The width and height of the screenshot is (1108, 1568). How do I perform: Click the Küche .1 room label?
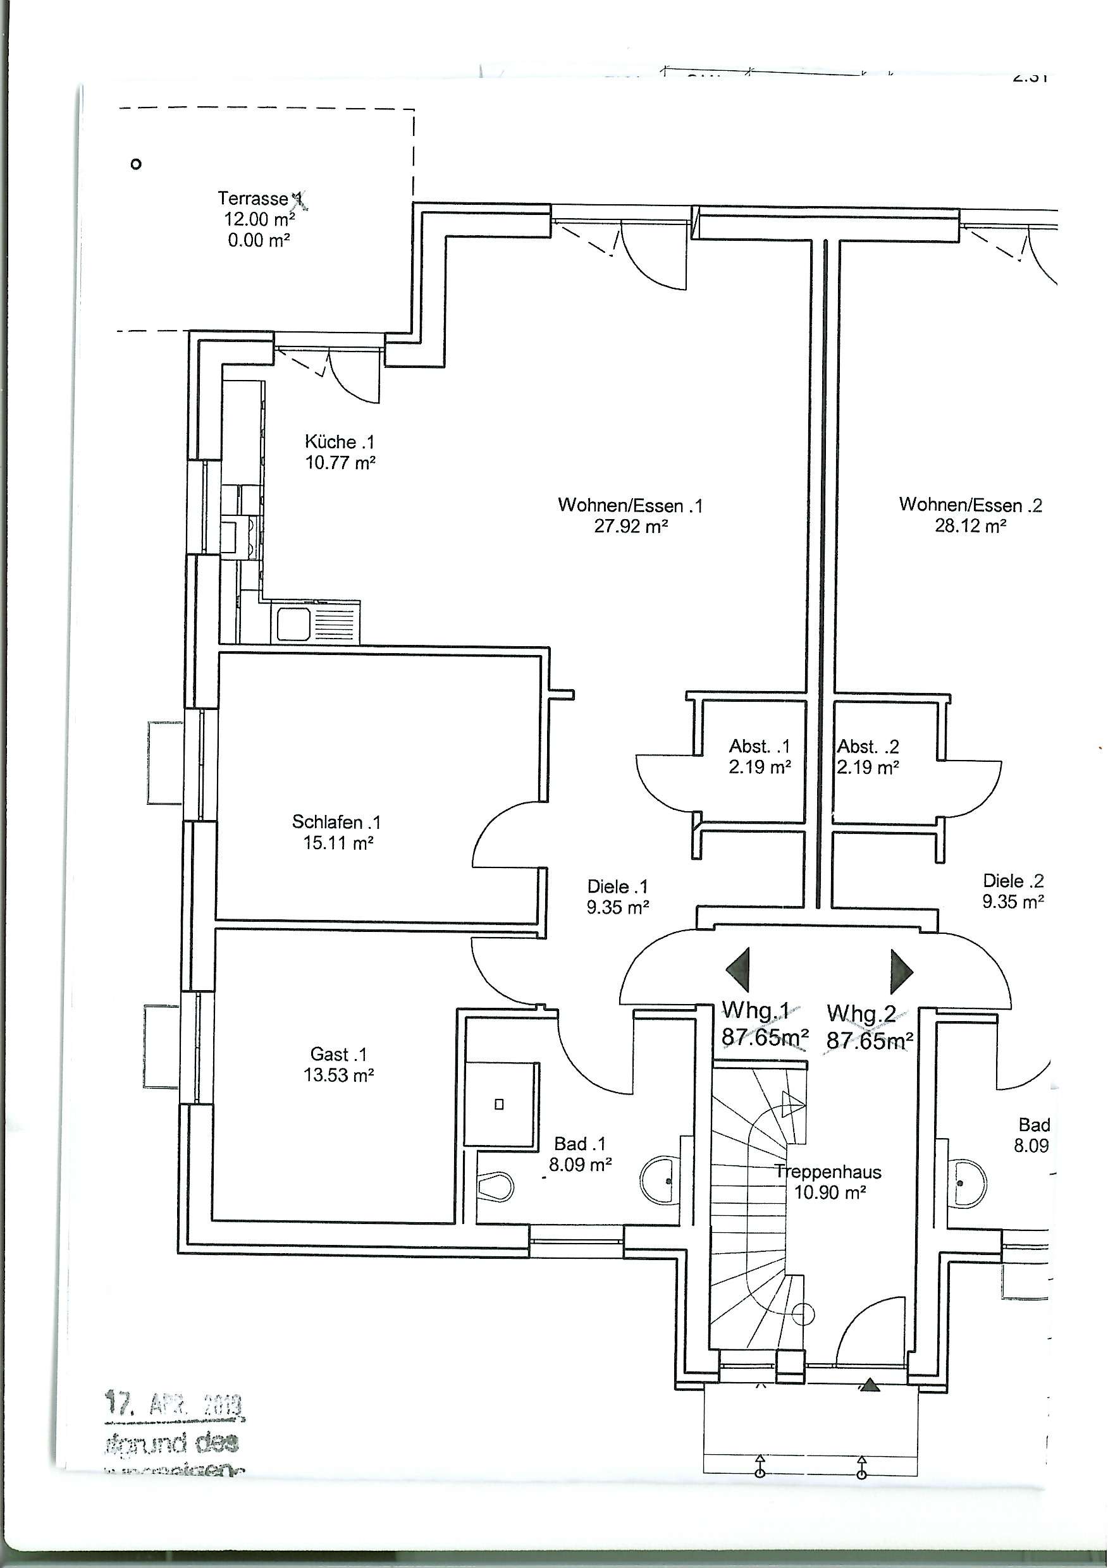[x=340, y=442]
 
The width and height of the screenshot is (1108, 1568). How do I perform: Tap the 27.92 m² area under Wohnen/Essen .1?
[x=630, y=527]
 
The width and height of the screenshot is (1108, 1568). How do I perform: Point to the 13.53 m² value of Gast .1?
[x=338, y=1075]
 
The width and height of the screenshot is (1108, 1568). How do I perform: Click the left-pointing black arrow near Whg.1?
[x=739, y=970]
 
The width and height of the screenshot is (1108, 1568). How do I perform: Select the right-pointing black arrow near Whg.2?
[x=902, y=971]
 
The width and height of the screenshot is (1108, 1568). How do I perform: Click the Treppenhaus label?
[x=828, y=1172]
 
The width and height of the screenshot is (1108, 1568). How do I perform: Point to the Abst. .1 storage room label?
[x=759, y=746]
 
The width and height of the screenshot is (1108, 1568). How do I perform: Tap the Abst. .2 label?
[x=868, y=746]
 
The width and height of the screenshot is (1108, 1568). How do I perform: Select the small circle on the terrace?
[x=136, y=164]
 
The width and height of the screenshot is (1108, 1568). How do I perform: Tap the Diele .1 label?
[x=617, y=886]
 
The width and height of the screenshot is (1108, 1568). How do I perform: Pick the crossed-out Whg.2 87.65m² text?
[x=869, y=1028]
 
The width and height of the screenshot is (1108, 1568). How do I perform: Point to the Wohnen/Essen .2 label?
[x=970, y=505]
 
